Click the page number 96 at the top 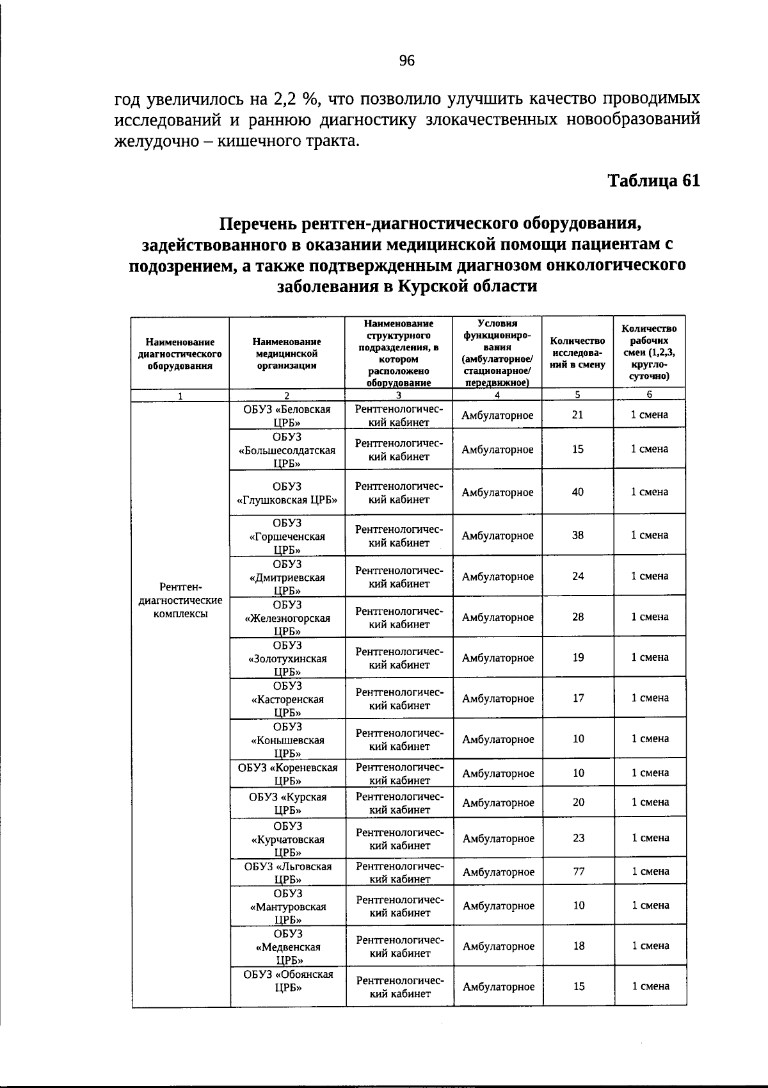407,61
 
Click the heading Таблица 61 653,181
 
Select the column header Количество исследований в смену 577,353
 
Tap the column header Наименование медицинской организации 286,353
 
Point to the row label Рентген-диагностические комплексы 180,601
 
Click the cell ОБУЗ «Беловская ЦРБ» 287,416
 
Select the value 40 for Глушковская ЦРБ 577,492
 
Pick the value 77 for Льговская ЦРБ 579,871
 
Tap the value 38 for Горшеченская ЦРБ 577,535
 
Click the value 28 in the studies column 578,617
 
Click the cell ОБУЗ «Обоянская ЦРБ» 288,980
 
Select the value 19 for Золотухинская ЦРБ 578,657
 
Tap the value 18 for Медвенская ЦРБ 579,945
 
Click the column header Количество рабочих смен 649,352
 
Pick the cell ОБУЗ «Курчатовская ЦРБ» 287,839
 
